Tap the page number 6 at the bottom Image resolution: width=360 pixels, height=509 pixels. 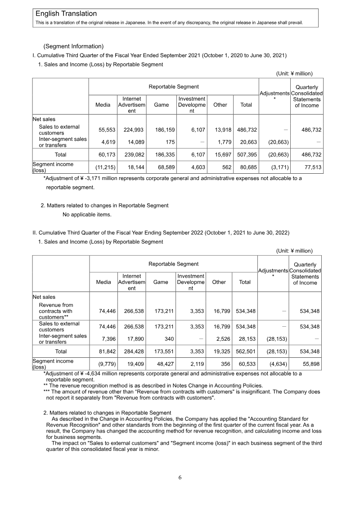coord(180,478)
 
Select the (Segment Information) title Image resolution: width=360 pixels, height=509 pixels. coord(73,46)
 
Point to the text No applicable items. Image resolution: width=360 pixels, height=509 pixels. coord(87,214)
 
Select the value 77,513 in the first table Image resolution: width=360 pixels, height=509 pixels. coord(310,167)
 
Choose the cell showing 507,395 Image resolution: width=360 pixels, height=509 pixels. coord(247,155)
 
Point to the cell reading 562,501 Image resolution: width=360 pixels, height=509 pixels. coord(245,351)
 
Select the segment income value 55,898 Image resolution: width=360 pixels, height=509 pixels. coord(310,364)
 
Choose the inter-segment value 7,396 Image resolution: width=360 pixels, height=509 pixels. coord(103,339)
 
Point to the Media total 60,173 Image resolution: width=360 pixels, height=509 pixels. coord(103,155)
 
